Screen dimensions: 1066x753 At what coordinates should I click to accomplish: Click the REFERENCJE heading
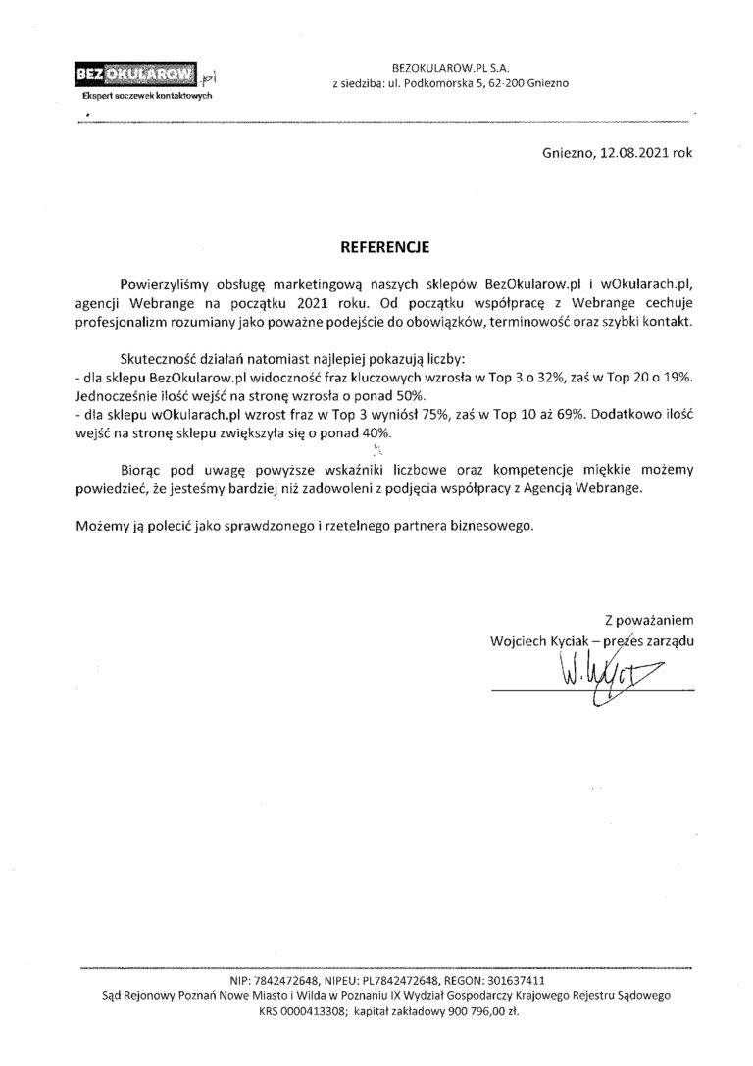[376, 239]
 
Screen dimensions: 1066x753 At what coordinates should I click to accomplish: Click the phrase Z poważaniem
[650, 620]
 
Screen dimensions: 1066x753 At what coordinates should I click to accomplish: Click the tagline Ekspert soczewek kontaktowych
[145, 97]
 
